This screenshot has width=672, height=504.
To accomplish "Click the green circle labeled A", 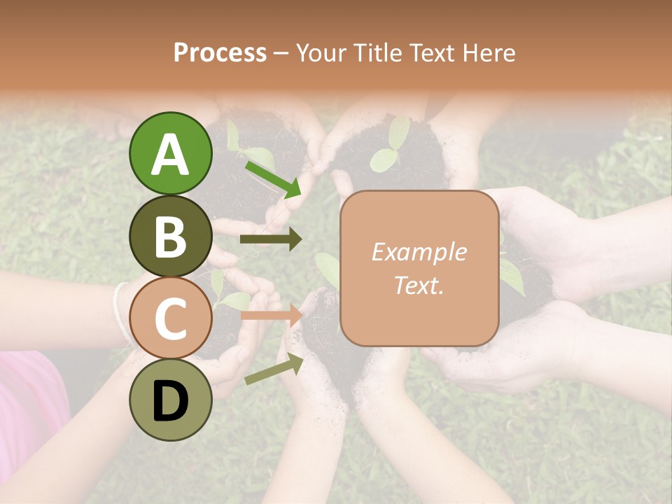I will tap(170, 153).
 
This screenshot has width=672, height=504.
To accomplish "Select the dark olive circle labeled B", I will tap(170, 236).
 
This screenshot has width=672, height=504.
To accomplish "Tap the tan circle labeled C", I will tap(170, 318).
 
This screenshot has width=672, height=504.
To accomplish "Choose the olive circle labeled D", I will tap(170, 400).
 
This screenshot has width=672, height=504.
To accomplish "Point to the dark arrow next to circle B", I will tap(271, 239).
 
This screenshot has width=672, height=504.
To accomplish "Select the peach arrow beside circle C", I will tap(271, 316).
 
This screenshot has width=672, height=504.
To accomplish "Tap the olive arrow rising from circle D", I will tap(274, 370).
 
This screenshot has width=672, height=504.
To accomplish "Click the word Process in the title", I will tap(220, 52).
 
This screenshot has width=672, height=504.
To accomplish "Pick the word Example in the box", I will tap(419, 252).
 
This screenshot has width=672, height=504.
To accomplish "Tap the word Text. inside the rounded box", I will tap(419, 285).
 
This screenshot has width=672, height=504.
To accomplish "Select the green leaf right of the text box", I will tap(511, 276).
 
